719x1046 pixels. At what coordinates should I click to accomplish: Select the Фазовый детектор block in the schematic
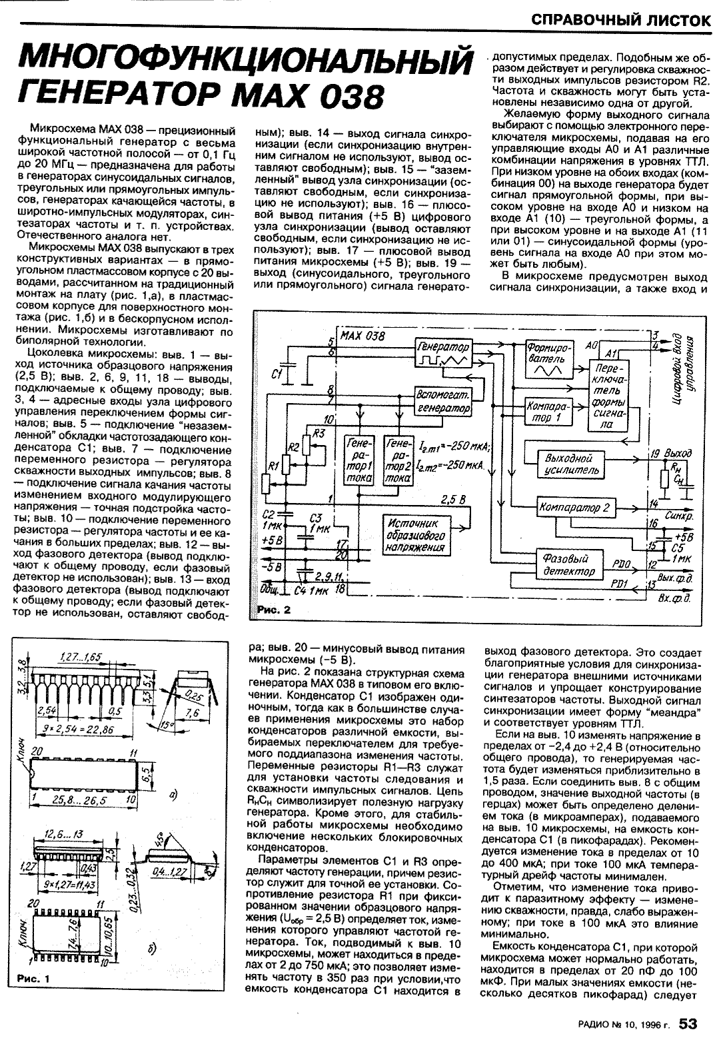568,565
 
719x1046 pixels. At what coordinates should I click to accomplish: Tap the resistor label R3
320,433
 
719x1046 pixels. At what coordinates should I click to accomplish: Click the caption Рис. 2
275,610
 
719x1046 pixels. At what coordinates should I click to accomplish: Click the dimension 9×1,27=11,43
65,883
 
